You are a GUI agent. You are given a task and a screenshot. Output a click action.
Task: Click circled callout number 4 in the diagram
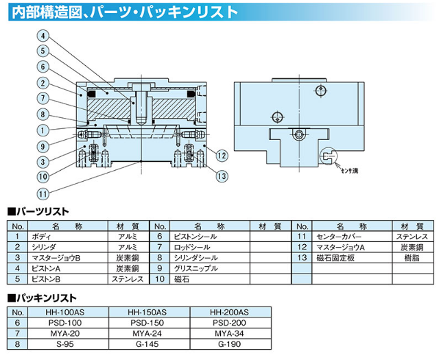tap(42, 36)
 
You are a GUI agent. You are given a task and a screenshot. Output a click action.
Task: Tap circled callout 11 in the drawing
tap(42, 192)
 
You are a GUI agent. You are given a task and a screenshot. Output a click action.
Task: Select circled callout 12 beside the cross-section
tap(221, 155)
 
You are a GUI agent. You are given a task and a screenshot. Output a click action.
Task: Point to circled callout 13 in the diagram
tap(221, 176)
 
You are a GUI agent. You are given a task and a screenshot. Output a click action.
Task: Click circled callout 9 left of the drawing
tap(42, 145)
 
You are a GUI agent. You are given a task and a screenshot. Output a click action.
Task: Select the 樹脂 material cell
tap(412, 257)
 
